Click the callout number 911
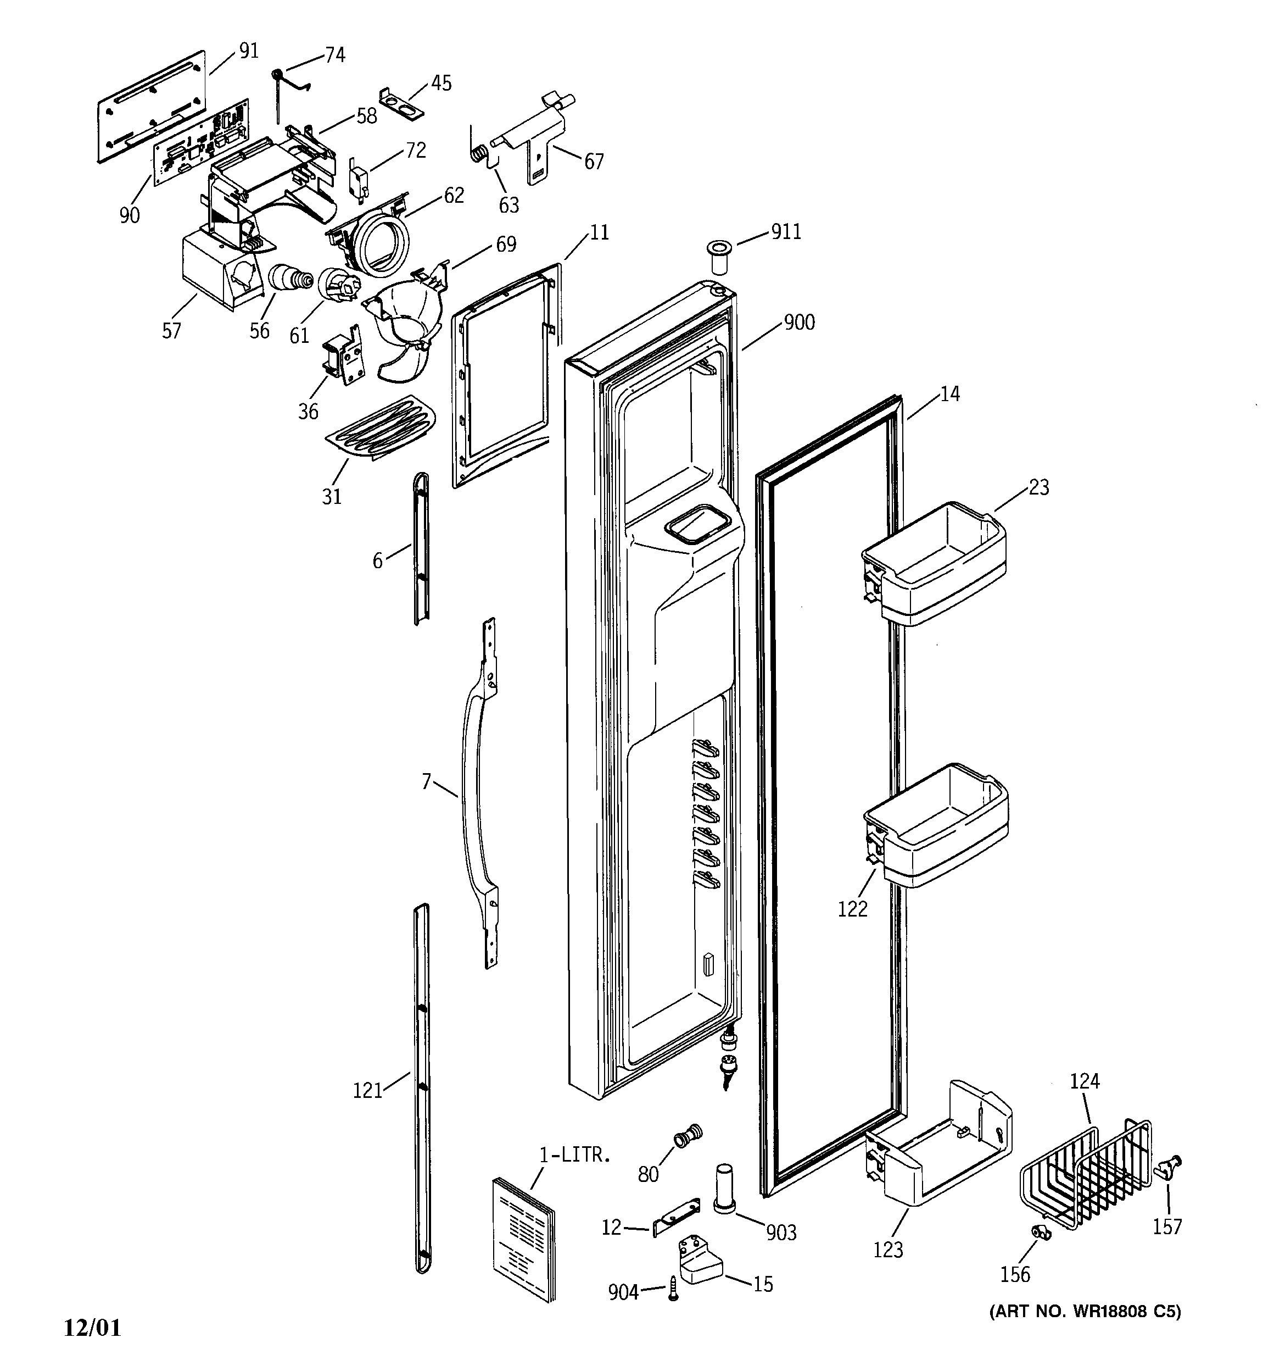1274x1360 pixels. tap(786, 232)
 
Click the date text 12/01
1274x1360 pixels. tap(92, 1327)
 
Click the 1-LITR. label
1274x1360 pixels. tap(574, 1156)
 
